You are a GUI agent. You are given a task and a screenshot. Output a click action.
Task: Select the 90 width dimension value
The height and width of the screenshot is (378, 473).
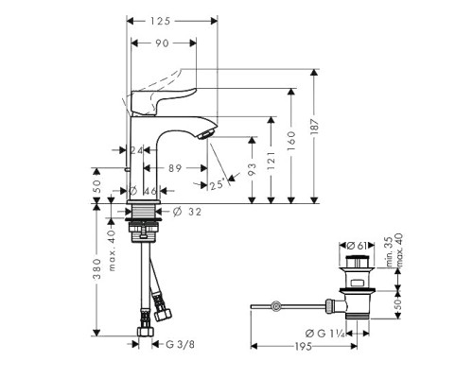tap(163, 43)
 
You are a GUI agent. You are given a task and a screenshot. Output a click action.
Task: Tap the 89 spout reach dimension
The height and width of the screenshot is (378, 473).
tap(173, 167)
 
